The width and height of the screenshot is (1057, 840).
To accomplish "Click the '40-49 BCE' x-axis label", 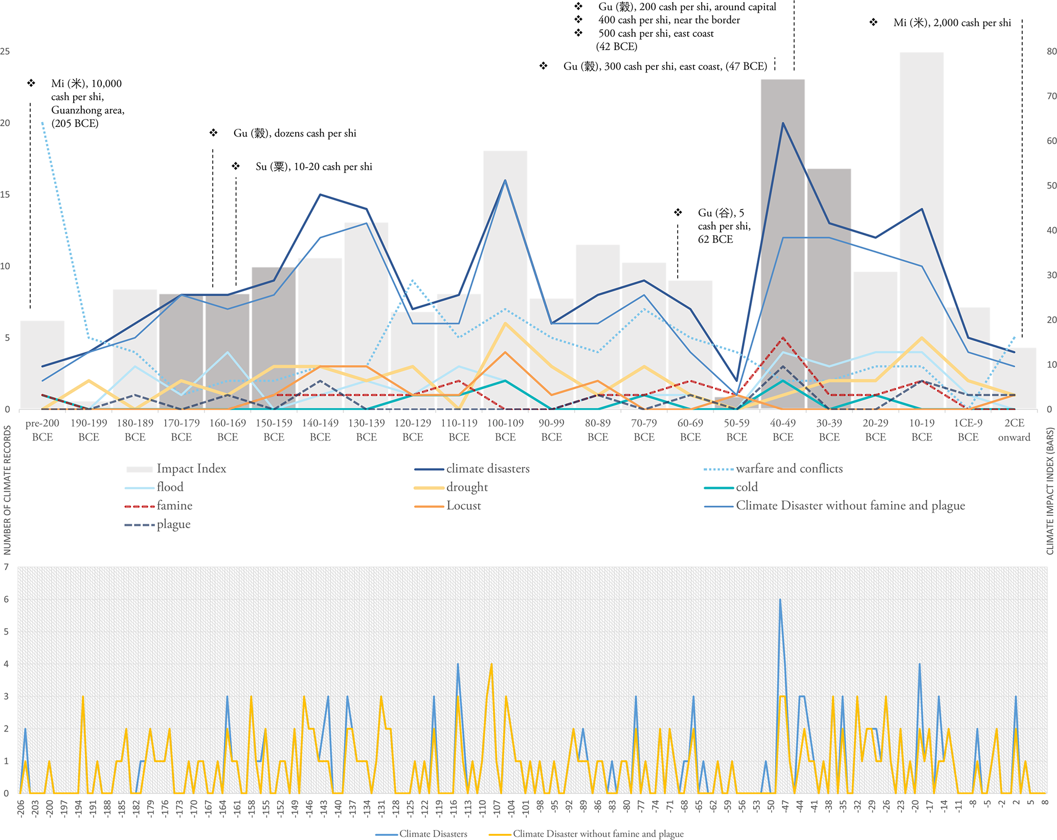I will [782, 430].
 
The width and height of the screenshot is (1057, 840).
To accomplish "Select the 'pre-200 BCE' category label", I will [42, 430].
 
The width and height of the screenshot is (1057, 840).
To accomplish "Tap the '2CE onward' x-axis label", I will [1014, 430].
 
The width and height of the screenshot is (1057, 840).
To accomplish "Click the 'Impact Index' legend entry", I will [191, 469].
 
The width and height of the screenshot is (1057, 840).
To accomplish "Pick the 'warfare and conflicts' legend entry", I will [789, 469].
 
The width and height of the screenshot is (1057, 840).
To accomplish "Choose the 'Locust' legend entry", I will [463, 506].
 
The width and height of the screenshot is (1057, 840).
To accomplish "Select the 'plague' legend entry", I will [173, 525].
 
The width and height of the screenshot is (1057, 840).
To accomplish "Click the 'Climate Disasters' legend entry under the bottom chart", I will [433, 834].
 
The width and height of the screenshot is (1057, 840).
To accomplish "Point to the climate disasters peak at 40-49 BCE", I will [783, 123].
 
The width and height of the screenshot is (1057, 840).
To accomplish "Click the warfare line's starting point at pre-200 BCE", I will [42, 123].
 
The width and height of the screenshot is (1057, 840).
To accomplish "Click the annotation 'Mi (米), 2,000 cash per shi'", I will [952, 23].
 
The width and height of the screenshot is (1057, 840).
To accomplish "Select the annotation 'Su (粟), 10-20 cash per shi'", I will [313, 167].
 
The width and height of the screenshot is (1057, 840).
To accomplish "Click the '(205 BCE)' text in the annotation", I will [75, 124].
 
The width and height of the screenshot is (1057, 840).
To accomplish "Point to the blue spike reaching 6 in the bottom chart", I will [780, 600].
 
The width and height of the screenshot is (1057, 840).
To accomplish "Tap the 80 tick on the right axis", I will [1051, 52].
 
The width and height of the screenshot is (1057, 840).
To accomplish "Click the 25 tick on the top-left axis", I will [5, 52].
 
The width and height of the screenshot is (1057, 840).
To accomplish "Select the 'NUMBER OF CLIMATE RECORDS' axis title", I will [7, 490].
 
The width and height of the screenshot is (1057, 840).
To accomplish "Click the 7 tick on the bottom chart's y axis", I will [6, 567].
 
